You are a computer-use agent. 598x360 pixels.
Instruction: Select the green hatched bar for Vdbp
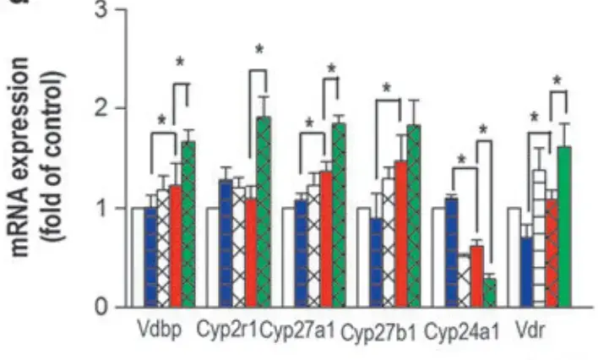click(x=188, y=224)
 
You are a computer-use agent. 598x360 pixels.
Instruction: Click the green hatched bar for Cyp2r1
click(x=264, y=212)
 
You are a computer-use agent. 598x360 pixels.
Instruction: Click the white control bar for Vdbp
click(x=138, y=257)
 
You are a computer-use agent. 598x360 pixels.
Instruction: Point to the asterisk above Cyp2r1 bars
click(x=260, y=51)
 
